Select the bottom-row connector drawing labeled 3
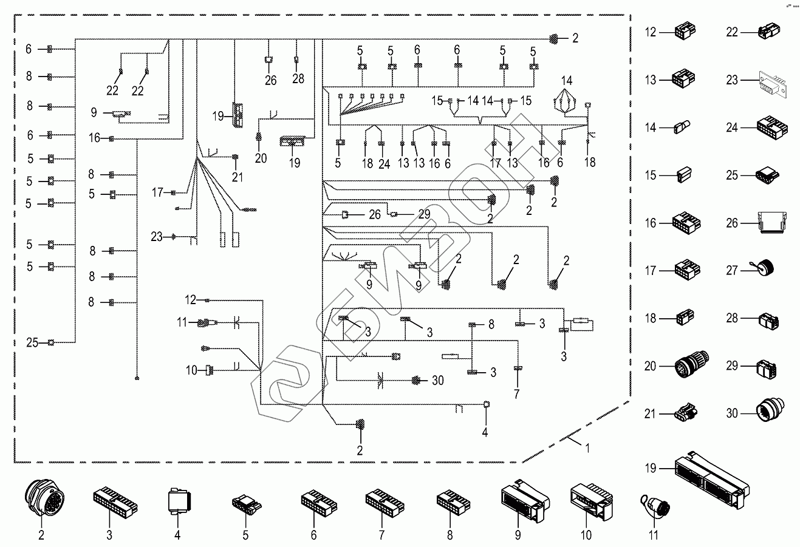click(x=115, y=500)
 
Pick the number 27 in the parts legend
click(x=731, y=270)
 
